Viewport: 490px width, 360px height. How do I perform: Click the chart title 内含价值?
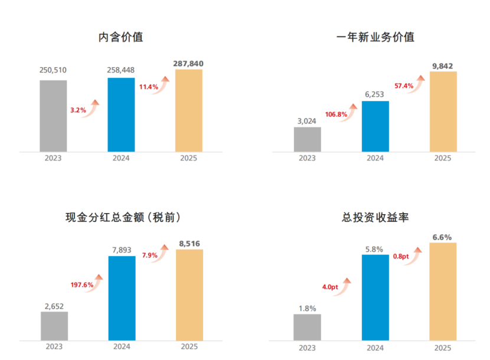pos(120,37)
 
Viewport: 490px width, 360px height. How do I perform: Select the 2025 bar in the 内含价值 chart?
pos(189,110)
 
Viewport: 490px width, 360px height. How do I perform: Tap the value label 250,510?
pos(53,70)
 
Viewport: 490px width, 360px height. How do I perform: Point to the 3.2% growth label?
pos(78,110)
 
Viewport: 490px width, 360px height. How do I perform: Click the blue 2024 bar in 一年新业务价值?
pos(375,126)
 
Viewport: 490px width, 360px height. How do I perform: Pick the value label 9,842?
pos(442,66)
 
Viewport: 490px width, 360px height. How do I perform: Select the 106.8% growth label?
pos(336,114)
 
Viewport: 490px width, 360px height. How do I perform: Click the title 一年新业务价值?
pos(375,37)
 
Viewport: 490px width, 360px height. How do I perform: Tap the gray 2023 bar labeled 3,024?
pos(307,139)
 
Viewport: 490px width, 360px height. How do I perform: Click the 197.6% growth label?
pos(81,284)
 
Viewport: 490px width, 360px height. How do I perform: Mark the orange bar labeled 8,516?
pos(189,294)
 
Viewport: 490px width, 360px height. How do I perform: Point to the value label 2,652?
pos(54,306)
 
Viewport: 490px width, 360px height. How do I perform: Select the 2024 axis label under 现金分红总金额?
pos(121,346)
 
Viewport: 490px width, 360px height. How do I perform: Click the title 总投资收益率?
pos(375,217)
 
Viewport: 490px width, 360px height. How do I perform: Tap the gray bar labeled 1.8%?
pos(307,327)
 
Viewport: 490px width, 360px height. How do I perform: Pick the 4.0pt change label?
pos(330,287)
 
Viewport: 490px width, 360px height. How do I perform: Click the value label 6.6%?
pos(442,237)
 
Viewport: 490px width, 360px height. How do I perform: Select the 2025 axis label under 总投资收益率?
pos(442,346)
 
